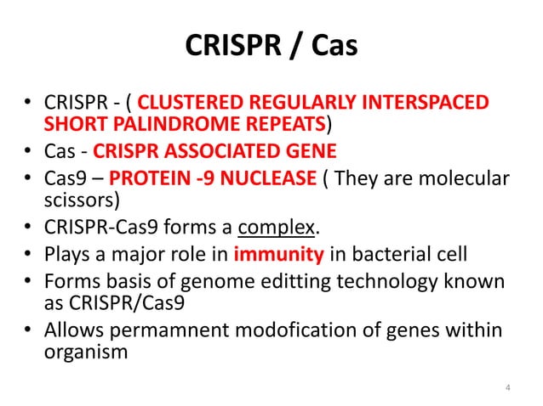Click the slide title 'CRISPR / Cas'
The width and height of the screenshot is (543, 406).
click(271, 47)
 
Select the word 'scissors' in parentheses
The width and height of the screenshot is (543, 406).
click(79, 200)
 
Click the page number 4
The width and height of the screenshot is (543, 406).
click(507, 389)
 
